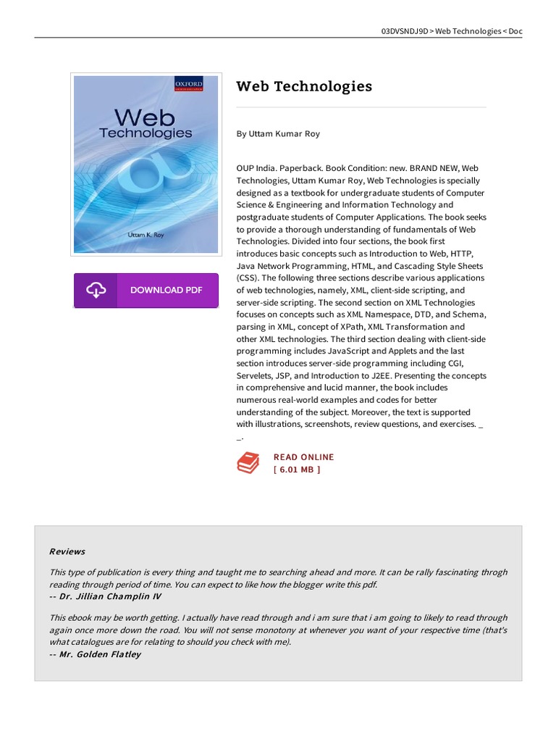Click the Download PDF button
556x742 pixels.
[x=146, y=291]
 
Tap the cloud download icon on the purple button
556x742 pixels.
[x=96, y=291]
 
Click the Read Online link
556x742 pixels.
[x=303, y=457]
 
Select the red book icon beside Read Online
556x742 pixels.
[x=248, y=463]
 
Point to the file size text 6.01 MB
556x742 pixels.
[x=297, y=470]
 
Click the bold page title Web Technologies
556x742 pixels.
[x=304, y=86]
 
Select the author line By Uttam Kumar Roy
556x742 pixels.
[x=278, y=134]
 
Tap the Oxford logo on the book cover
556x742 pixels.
[x=188, y=85]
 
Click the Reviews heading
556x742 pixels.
[x=67, y=551]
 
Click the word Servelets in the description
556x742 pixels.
[x=258, y=376]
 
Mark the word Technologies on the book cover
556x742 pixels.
[x=146, y=133]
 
